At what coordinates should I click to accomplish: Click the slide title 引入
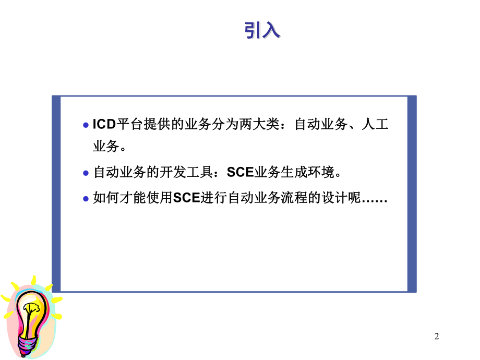[x=262, y=31]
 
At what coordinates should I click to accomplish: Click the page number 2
[x=437, y=337]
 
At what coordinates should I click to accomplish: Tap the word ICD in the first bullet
[x=104, y=125]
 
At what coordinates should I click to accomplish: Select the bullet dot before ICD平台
[x=87, y=126]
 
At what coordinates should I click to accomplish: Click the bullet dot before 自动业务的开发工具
[x=87, y=173]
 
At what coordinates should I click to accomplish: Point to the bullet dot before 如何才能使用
[x=87, y=199]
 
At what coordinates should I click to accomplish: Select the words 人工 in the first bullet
[x=375, y=125]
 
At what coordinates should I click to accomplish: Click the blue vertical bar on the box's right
[x=412, y=194]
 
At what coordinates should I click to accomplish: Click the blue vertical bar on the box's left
[x=56, y=194]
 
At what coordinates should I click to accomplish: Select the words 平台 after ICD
[x=127, y=125]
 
